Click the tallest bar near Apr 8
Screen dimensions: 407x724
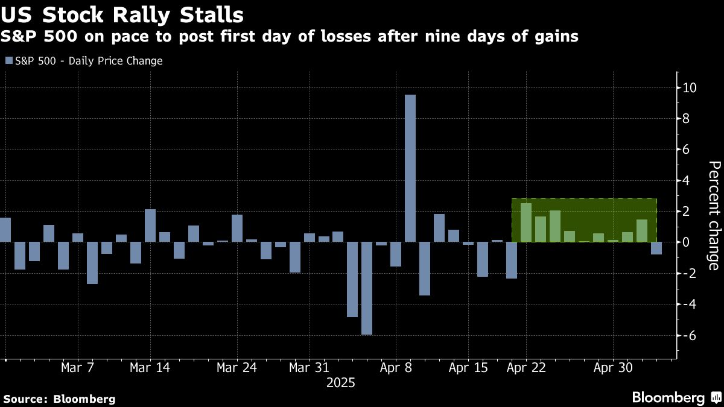pyautogui.click(x=410, y=168)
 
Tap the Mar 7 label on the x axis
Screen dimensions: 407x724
pyautogui.click(x=77, y=368)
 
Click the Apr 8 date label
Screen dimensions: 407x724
pyautogui.click(x=396, y=368)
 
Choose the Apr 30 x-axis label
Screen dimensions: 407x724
pyautogui.click(x=613, y=368)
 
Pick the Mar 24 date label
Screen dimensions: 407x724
pyautogui.click(x=237, y=368)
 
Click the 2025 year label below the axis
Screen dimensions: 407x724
pyautogui.click(x=341, y=383)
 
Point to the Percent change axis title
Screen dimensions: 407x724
pyautogui.click(x=713, y=215)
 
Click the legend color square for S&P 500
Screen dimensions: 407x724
pyautogui.click(x=8, y=61)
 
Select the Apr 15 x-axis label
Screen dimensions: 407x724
pyautogui.click(x=469, y=368)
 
